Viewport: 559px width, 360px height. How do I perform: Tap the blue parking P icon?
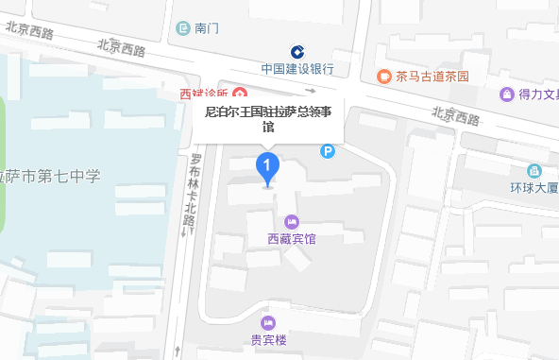click(x=328, y=150)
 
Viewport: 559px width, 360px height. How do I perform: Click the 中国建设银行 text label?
click(x=298, y=69)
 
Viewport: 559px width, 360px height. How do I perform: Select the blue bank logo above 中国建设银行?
click(x=297, y=51)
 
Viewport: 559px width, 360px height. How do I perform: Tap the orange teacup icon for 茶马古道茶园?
click(x=383, y=77)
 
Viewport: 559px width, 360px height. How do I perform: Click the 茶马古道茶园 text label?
click(x=432, y=77)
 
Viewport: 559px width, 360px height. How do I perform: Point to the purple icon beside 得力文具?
click(x=506, y=94)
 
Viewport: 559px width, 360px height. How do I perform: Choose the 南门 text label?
click(x=207, y=28)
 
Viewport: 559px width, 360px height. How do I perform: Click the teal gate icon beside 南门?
click(x=183, y=28)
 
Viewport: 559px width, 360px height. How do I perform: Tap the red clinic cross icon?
click(x=240, y=94)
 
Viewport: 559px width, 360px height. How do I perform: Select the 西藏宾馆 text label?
click(x=291, y=239)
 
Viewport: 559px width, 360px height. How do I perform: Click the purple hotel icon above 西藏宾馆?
click(x=291, y=222)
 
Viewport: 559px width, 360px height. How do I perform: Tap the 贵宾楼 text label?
click(x=268, y=339)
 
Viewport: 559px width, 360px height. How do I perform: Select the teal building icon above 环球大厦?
click(x=534, y=170)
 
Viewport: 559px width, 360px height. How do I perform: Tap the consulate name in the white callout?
click(x=268, y=118)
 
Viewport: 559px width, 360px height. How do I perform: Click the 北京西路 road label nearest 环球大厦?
click(x=455, y=116)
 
